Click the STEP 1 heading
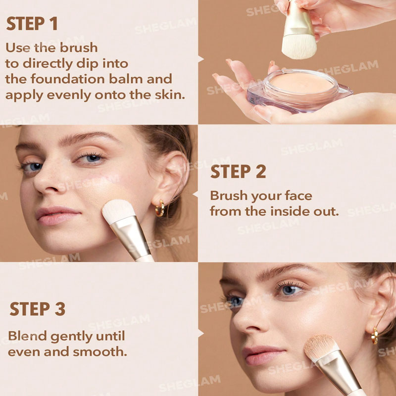point(32,24)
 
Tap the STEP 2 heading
point(238,172)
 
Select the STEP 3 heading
point(38,309)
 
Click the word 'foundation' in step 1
point(68,79)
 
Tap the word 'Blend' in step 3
point(28,336)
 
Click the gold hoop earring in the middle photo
point(160,208)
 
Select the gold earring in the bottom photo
point(375,336)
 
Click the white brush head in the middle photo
point(118,211)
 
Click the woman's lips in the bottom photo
point(263,355)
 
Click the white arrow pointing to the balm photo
point(201,59)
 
